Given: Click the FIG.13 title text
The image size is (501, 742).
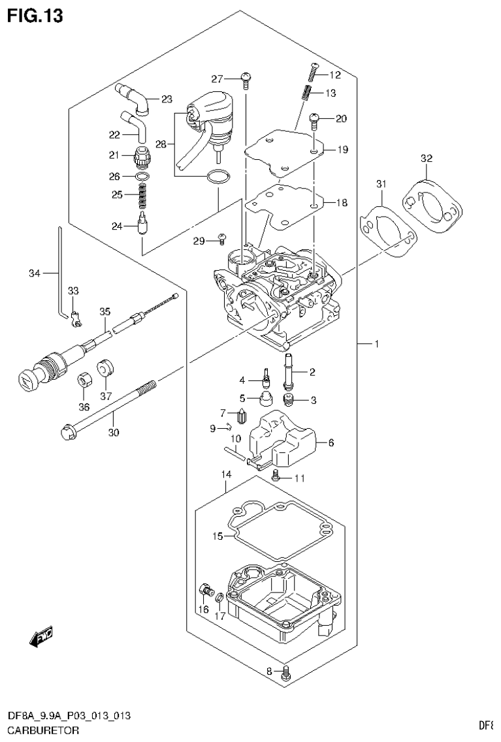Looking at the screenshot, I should coord(36,16).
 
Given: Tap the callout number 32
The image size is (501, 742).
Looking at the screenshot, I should coord(426,159).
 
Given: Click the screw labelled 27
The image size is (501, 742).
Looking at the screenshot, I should coord(246,79).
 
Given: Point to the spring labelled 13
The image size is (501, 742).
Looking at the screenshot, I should coord(304,93).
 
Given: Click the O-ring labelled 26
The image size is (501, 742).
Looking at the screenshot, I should coord(143,177).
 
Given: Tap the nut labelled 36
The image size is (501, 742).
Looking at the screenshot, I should coord(84,379).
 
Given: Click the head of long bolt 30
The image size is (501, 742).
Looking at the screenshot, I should coord(66,431).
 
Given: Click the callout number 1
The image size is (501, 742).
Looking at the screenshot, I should coord(376,344).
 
